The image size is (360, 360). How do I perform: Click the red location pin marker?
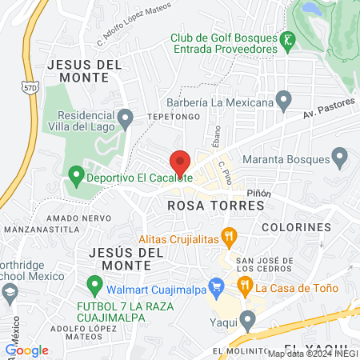pos(180,163)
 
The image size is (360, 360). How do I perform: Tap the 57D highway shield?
pos(29,86)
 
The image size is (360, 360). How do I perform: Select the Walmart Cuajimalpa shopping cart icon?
pos(214,285)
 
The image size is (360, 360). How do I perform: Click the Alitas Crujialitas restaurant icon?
pos(229,236)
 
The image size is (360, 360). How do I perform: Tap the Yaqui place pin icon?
pos(247,321)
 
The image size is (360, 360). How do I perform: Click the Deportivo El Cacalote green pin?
pos(76,173)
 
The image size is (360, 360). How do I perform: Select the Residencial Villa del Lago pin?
pos(125,120)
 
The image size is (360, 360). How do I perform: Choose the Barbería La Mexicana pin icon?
pos(282,101)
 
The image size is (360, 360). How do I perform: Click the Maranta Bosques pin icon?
pos(339,156)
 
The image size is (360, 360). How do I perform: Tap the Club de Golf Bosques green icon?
pos(286,38)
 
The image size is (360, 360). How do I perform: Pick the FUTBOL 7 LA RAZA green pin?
pos(94,284)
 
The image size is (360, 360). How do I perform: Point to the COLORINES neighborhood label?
pos(301,227)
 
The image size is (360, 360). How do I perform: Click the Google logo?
pos(26,350)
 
